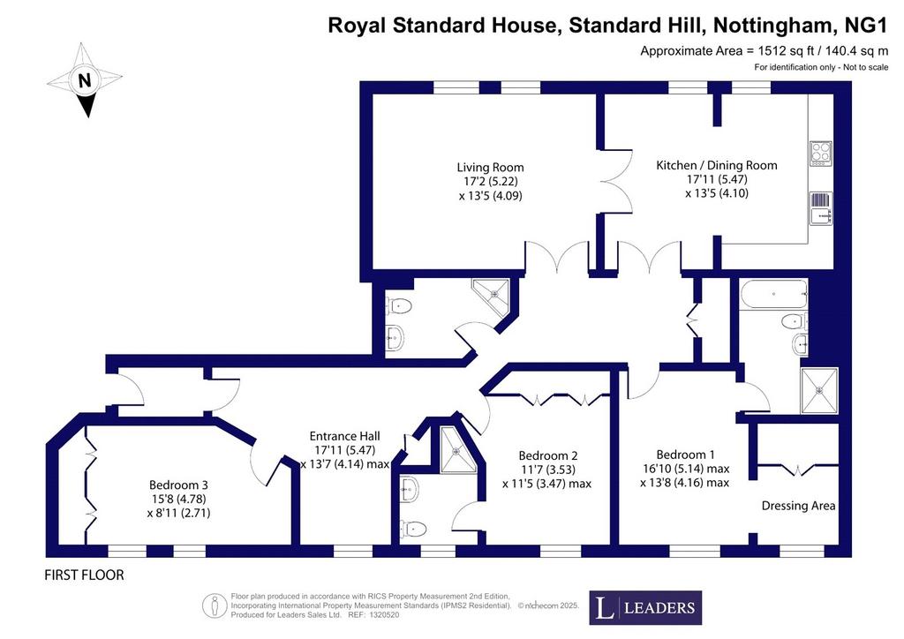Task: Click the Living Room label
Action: pos(490,168)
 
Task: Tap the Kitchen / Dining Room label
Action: pos(717,165)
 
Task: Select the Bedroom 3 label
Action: pos(178,485)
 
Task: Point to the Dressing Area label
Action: pos(798,506)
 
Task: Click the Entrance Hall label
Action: pos(345,436)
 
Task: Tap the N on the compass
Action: pos(85,79)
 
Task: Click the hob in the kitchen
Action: pos(820,153)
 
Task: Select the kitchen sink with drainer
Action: pos(821,208)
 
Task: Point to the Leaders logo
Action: pos(645,608)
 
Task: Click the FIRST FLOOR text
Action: pos(84,575)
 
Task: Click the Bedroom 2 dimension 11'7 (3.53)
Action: pos(548,470)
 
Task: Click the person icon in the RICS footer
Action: pos(214,605)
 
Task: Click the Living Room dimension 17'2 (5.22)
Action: pos(490,182)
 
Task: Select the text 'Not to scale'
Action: pos(866,67)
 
